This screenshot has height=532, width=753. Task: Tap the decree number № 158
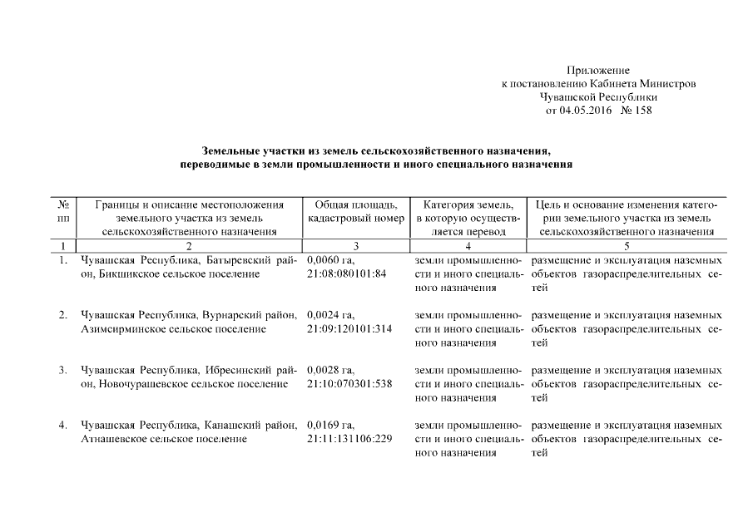(x=637, y=111)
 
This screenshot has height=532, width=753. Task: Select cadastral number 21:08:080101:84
(x=346, y=273)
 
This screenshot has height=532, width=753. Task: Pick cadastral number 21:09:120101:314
(x=349, y=328)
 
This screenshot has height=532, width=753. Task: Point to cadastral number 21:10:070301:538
(x=349, y=383)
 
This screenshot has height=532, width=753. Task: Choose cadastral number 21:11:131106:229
(x=349, y=439)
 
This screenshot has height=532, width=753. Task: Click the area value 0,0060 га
(x=331, y=260)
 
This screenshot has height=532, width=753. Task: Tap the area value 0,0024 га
(x=331, y=315)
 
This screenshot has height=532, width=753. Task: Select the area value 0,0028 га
(x=331, y=370)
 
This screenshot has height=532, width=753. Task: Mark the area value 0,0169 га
(x=331, y=426)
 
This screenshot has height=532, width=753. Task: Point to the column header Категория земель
(x=468, y=204)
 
